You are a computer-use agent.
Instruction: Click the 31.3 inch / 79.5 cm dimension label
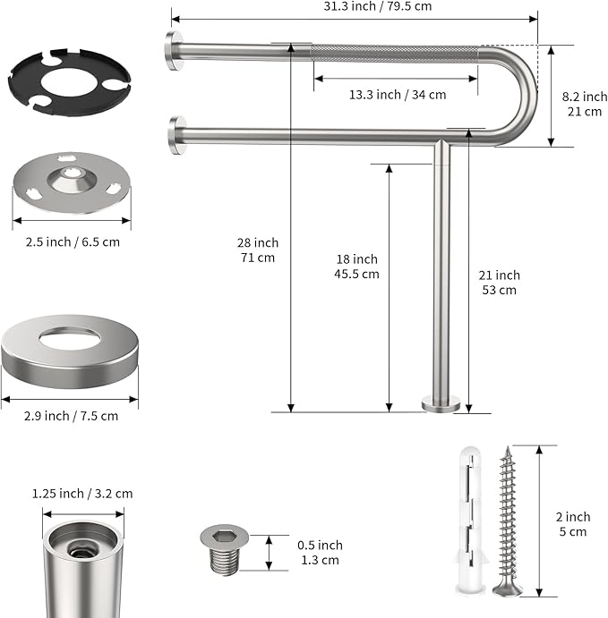(x=354, y=5)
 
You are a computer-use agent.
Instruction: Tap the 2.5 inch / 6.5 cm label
(x=71, y=241)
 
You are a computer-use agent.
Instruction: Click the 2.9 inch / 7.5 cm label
(x=71, y=416)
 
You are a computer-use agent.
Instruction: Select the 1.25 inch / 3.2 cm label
(x=81, y=494)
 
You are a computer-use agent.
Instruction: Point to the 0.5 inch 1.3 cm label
(x=319, y=553)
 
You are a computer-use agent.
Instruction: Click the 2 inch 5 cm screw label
(x=571, y=524)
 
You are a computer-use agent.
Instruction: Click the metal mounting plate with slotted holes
(x=71, y=182)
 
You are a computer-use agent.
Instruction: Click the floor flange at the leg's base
(x=442, y=405)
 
